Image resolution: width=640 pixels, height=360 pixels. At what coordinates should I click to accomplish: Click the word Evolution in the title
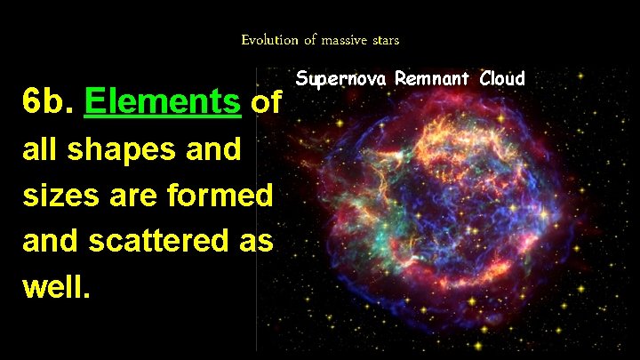265,40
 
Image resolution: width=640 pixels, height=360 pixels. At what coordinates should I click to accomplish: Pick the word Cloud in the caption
502,78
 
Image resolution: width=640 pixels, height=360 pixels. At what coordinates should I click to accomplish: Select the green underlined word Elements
163,104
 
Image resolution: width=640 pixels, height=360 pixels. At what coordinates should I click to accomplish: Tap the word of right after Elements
268,104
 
